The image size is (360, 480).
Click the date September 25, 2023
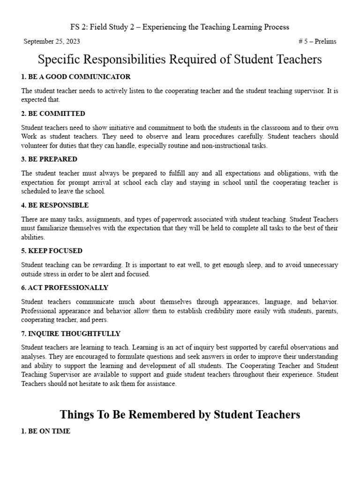point(52,41)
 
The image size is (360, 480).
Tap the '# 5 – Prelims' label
point(317,41)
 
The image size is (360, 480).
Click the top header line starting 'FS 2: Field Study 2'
point(180,27)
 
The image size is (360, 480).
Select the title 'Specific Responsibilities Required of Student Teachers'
point(180,60)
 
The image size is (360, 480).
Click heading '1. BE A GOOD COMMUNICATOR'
point(76,76)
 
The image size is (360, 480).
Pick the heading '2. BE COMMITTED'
point(53,113)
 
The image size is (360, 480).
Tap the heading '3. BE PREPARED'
point(49,159)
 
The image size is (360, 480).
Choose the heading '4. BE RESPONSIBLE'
point(55,205)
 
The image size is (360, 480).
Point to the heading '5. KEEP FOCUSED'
point(52,251)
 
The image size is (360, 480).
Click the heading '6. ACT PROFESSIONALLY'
point(65,287)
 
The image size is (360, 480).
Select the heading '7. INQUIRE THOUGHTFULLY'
point(71,334)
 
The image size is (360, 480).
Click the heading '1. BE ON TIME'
point(46,431)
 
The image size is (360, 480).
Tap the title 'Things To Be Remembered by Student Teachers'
point(180,414)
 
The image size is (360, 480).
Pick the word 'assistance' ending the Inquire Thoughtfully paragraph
point(160,384)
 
